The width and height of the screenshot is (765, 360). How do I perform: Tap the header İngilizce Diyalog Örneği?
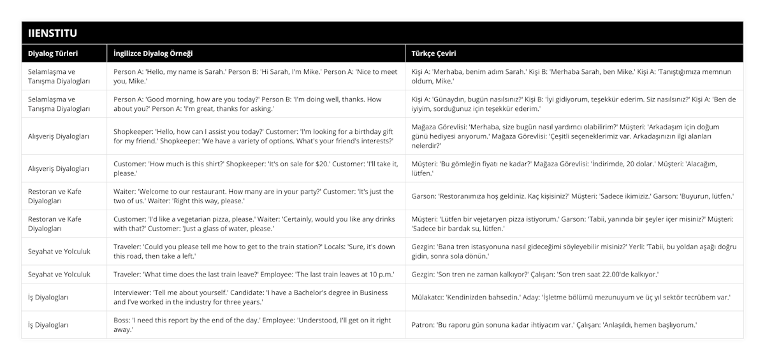click(153, 54)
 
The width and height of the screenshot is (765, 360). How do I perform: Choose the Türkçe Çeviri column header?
click(433, 54)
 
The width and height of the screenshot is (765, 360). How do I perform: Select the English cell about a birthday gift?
click(252, 136)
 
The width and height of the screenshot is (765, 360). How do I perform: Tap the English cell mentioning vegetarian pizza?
click(252, 224)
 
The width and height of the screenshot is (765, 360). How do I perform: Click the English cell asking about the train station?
click(252, 251)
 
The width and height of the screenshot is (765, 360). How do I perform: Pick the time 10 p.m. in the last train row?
click(380, 274)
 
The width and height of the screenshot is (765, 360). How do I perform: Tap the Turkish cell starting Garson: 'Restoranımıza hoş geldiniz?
click(572, 196)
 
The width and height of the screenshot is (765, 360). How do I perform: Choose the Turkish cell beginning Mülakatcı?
click(571, 298)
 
